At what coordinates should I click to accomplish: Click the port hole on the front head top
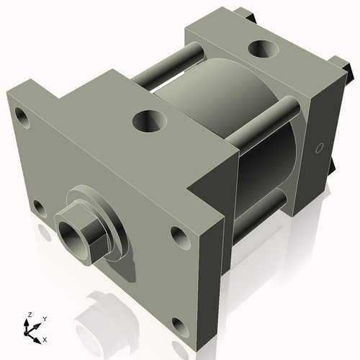151,120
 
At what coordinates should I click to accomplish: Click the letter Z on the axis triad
29,315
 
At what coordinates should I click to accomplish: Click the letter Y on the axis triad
45,318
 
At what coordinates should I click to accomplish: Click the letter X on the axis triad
45,338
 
